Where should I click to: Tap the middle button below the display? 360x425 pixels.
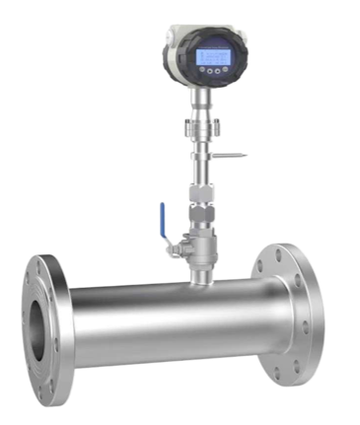pyautogui.click(x=214, y=71)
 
